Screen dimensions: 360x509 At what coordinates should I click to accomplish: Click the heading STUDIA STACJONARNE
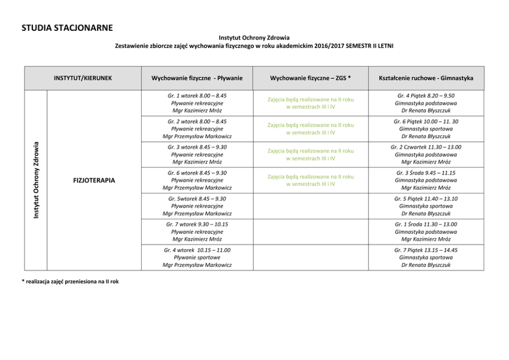click(67, 27)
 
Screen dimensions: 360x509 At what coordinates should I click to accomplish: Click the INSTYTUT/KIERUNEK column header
click(83, 78)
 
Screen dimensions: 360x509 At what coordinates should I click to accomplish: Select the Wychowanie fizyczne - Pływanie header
click(197, 78)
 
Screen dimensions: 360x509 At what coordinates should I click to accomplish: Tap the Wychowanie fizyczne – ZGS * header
click(310, 78)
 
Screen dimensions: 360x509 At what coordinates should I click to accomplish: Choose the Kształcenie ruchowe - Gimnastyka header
click(426, 78)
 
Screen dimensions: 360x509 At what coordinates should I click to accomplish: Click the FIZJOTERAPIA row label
click(94, 180)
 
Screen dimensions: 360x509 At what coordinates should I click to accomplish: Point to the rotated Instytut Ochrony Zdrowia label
click(36, 180)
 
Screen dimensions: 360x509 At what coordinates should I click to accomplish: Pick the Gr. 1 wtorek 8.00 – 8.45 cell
click(197, 103)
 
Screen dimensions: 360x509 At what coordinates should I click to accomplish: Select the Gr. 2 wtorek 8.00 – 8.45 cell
click(197, 129)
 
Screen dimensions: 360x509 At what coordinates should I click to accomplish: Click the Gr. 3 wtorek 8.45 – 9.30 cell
click(197, 155)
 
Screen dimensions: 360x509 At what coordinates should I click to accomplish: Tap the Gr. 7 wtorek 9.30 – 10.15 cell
click(197, 232)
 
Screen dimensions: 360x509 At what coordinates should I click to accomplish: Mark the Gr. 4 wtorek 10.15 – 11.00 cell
click(197, 257)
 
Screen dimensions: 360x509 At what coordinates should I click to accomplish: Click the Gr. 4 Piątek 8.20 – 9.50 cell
click(426, 103)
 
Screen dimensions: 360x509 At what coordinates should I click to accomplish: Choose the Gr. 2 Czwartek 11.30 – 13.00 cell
click(426, 155)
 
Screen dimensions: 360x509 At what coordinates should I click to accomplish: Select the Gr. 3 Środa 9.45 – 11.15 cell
click(426, 180)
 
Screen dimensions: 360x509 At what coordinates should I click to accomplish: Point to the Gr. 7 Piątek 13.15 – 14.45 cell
click(426, 257)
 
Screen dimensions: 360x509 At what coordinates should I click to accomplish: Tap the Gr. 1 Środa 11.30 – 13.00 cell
click(426, 232)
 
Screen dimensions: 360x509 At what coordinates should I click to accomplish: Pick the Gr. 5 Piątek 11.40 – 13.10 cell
click(426, 206)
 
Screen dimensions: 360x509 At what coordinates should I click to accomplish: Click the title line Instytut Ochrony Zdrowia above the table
click(254, 37)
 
